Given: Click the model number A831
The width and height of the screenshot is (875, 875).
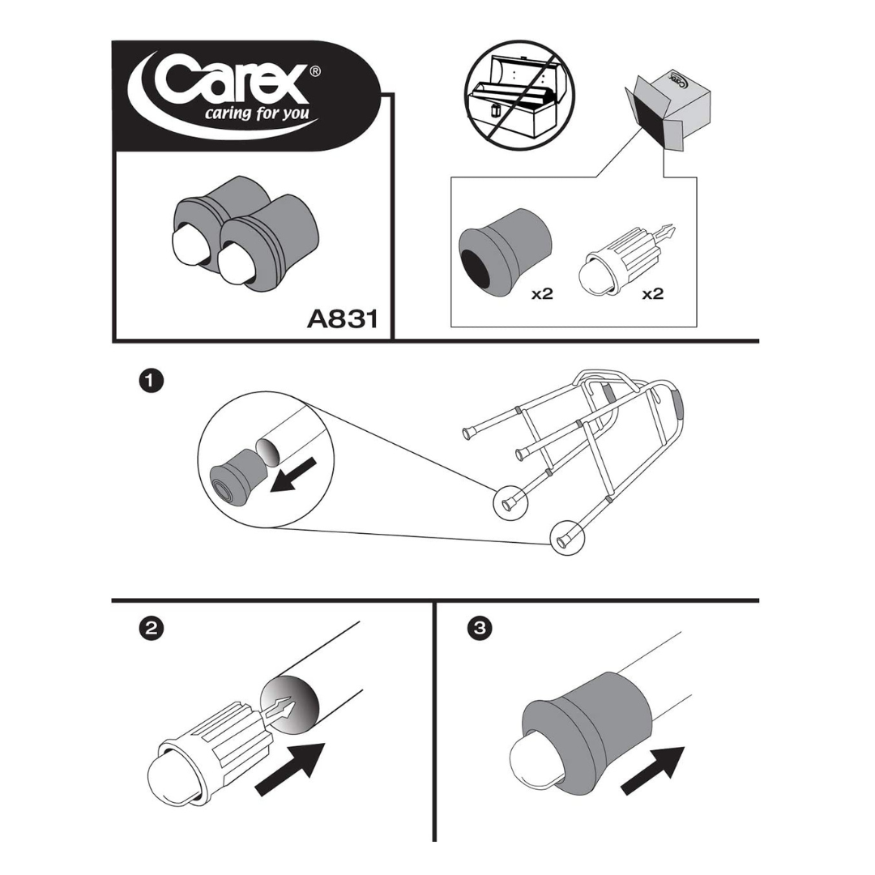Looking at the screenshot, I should point(342,318).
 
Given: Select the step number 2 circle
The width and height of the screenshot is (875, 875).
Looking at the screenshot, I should point(151,628).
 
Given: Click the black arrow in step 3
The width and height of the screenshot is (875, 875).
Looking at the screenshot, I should point(653,770).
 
